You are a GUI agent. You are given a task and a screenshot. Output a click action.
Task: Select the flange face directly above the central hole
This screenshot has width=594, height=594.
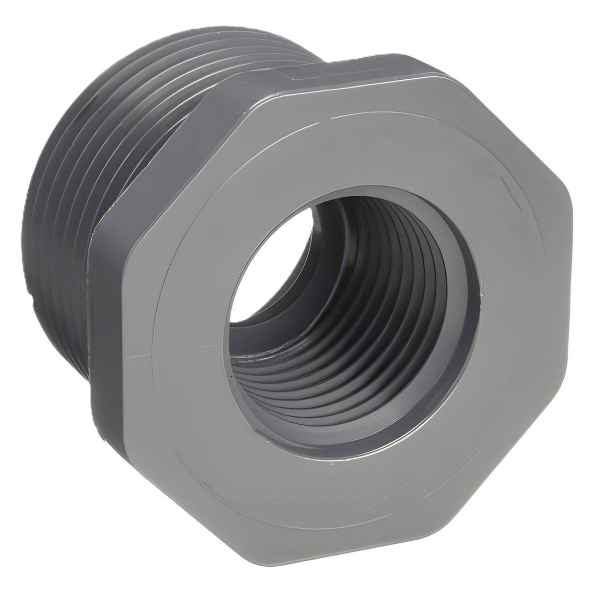click(352, 142)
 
